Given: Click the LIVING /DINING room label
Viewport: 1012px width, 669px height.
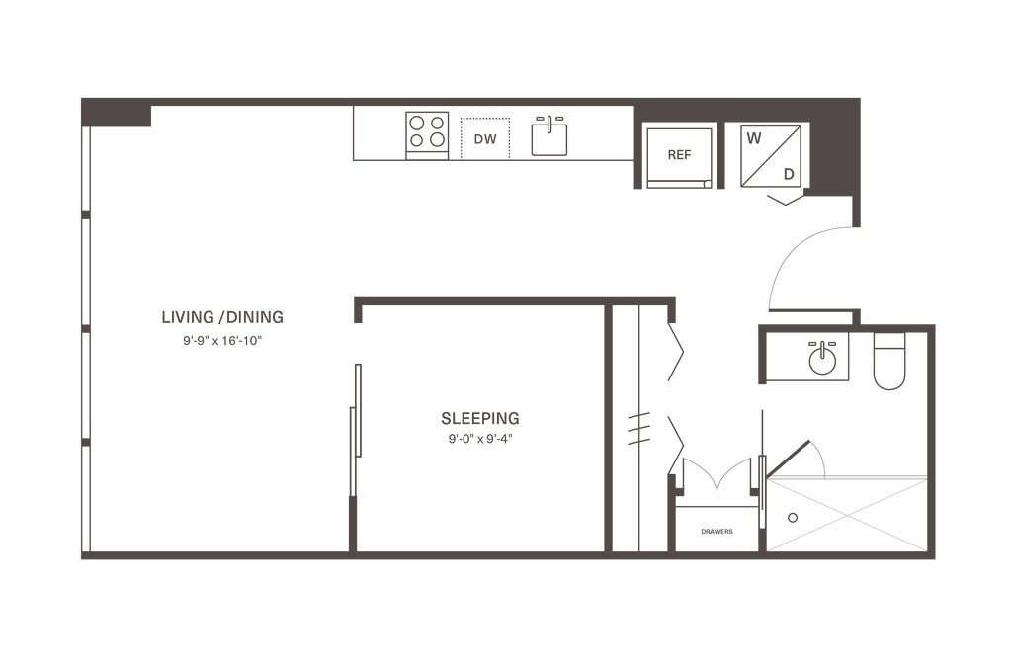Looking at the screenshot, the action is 222,317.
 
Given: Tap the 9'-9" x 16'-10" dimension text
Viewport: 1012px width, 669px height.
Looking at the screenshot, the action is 222,341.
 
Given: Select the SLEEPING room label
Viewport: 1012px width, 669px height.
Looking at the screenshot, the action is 480,419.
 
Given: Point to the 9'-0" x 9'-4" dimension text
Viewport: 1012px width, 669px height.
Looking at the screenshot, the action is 480,440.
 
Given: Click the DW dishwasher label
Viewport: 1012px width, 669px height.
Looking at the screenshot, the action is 485,139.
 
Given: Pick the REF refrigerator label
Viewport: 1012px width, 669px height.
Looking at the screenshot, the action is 679,155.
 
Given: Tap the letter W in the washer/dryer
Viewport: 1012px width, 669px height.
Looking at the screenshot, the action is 754,138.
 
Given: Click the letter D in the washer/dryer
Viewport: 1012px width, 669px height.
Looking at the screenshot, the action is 789,174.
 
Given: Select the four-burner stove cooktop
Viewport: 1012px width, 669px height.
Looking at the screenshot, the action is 427,135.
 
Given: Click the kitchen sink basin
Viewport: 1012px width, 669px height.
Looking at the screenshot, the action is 549,139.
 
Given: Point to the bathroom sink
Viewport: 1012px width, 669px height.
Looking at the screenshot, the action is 822,359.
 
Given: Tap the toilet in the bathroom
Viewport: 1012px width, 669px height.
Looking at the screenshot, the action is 889,362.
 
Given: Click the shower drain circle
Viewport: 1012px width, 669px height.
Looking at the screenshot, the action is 793,518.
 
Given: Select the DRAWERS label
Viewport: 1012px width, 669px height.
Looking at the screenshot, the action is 717,532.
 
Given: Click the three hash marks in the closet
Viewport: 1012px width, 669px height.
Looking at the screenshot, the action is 638,429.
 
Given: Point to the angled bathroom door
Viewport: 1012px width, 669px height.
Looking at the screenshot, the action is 788,460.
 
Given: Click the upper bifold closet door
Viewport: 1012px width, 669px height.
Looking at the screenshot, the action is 675,351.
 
